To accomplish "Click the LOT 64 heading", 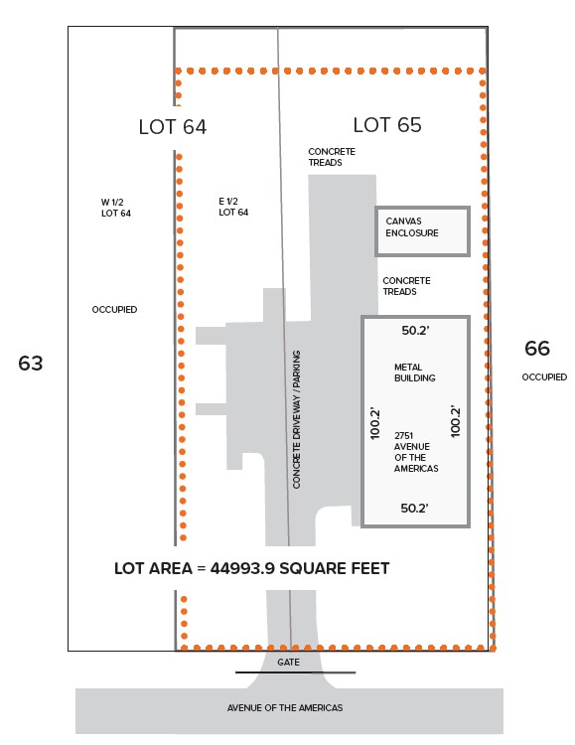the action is [173, 127].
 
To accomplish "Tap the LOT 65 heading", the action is [387, 125].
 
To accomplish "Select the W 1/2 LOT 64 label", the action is [116, 208].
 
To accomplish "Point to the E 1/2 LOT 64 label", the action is [233, 207].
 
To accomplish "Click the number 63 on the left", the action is [31, 363].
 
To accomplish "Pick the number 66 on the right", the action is [537, 349].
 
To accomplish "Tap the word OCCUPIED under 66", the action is [544, 376].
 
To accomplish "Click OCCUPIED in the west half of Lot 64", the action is [114, 309].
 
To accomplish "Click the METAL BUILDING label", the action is [415, 372].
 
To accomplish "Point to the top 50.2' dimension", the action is [416, 330].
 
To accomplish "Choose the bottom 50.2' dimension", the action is [414, 508].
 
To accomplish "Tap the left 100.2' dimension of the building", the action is [375, 423].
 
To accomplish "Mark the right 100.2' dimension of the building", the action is [455, 421].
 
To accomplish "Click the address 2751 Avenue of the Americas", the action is [416, 452].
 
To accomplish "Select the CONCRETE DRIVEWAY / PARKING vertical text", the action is [297, 419].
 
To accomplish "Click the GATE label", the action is [288, 662].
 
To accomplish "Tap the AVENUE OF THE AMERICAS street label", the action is [285, 707].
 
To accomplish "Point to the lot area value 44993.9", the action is [243, 568].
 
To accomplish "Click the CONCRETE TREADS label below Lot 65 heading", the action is [332, 157].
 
